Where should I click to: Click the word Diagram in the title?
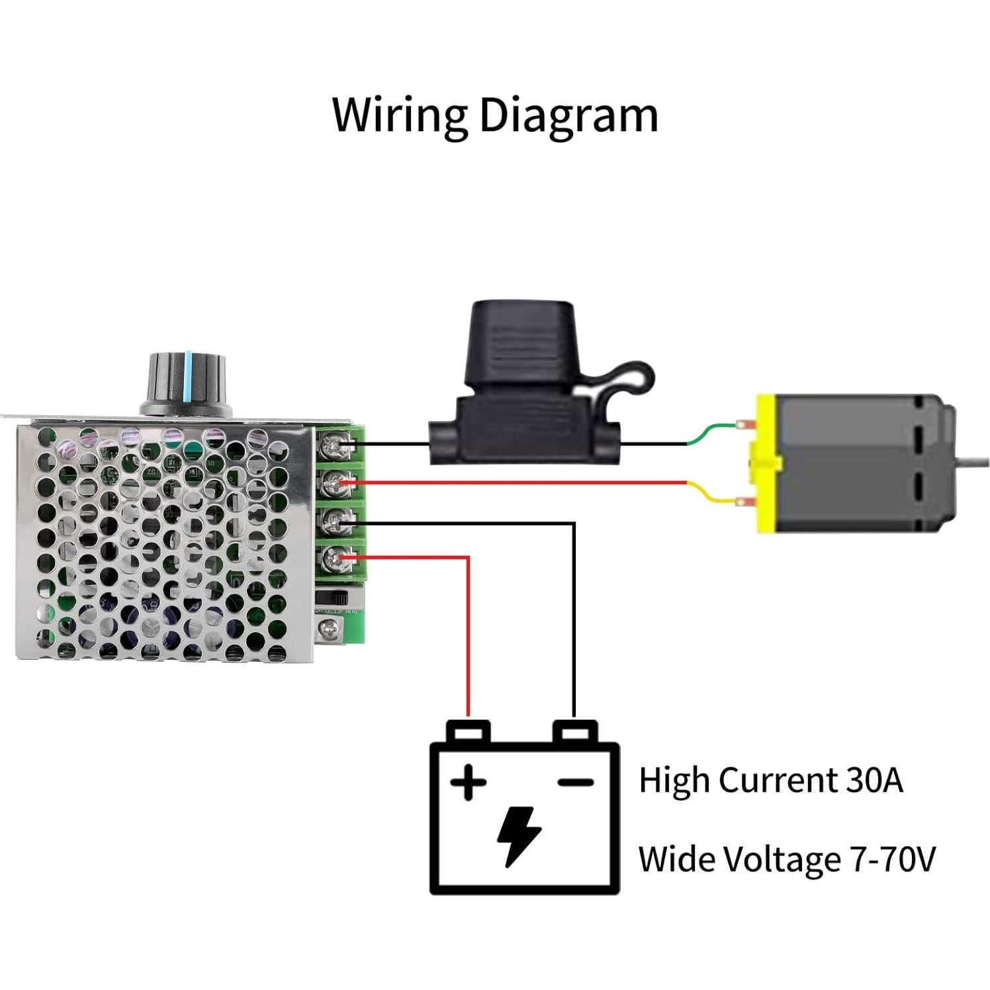pyautogui.click(x=568, y=116)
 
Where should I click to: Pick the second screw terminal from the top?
pyautogui.click(x=330, y=484)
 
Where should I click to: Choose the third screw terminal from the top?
pyautogui.click(x=330, y=523)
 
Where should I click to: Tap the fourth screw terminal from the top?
pyautogui.click(x=330, y=561)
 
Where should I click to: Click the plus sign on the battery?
pyautogui.click(x=469, y=783)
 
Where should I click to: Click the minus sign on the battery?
pyautogui.click(x=575, y=783)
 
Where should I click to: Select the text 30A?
pyautogui.click(x=874, y=780)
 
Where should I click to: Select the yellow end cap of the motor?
pyautogui.click(x=766, y=463)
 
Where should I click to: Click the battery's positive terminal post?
pyautogui.click(x=469, y=731)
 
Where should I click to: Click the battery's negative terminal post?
pyautogui.click(x=574, y=731)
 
